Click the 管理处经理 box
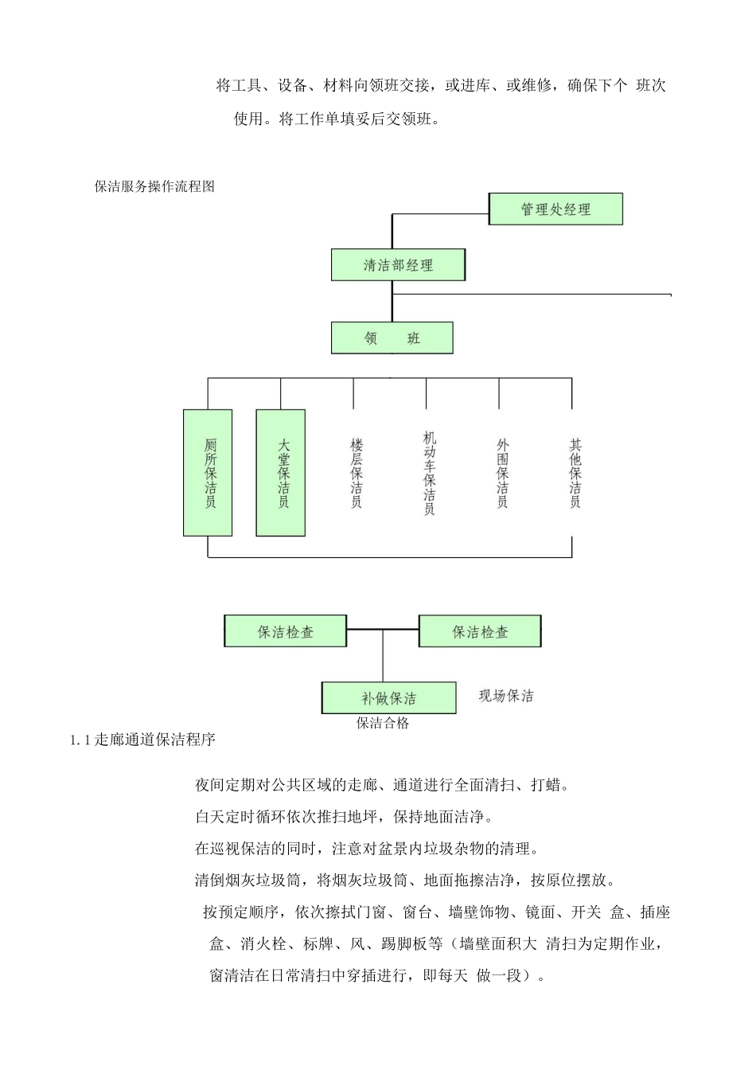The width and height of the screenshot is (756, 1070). click(555, 209)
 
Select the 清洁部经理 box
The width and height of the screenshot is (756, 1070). click(398, 265)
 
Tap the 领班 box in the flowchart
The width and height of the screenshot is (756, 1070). click(392, 338)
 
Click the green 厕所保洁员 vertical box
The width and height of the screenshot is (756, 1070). click(208, 473)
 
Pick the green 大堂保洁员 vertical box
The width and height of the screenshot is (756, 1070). click(281, 473)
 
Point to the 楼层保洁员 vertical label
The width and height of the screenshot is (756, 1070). click(356, 473)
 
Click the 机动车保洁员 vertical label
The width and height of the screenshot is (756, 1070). click(430, 473)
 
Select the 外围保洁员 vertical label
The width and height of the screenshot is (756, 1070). click(502, 473)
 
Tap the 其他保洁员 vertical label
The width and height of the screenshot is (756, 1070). click(575, 473)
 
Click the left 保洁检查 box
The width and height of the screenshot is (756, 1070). click(286, 631)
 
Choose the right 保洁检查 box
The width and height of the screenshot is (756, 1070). click(480, 631)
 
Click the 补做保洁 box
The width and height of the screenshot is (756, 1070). click(388, 698)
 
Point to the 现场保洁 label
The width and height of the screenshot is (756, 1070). click(506, 696)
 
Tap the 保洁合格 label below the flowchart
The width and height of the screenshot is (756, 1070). click(383, 723)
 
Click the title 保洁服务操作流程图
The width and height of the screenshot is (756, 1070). click(154, 186)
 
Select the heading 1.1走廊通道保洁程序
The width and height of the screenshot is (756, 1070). click(143, 740)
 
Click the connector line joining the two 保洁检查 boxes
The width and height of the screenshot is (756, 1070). click(383, 630)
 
